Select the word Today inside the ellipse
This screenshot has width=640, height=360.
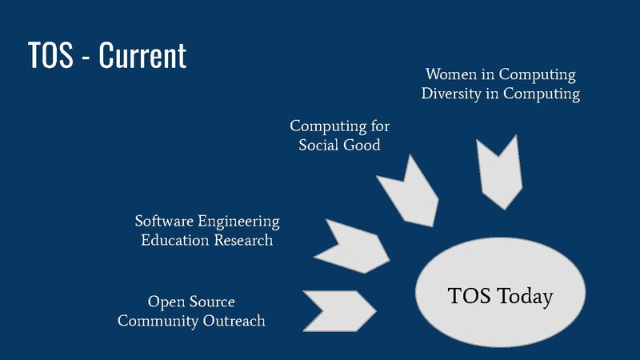click(x=524, y=297)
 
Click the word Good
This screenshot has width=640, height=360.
click(x=362, y=146)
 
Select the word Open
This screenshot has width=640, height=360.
click(x=165, y=302)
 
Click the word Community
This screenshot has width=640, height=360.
click(x=156, y=321)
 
